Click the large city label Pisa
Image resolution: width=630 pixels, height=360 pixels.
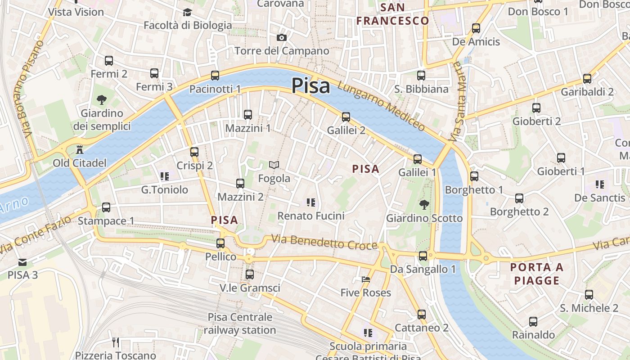click(310, 85)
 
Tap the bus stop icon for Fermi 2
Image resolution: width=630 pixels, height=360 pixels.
click(109, 61)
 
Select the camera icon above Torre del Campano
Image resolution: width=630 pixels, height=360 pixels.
click(282, 38)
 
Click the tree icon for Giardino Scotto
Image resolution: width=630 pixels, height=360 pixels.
click(424, 205)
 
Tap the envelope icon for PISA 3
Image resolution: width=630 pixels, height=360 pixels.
click(22, 262)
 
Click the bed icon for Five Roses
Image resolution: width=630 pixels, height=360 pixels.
click(365, 279)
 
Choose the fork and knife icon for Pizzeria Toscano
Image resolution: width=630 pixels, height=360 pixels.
click(116, 342)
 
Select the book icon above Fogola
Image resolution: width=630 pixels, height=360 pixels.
click(274, 165)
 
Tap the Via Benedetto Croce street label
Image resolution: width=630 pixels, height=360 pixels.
click(324, 242)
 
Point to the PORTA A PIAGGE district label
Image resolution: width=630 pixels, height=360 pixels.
click(536, 274)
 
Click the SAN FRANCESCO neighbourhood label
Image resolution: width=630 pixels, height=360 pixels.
click(392, 14)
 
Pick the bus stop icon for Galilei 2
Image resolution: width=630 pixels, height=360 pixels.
click(346, 117)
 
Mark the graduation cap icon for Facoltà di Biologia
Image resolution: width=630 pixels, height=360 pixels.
click(187, 13)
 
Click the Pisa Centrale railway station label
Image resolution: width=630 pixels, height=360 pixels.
click(240, 324)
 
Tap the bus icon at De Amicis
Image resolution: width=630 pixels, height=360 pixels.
click(476, 28)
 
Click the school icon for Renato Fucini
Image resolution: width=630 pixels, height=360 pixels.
click(310, 202)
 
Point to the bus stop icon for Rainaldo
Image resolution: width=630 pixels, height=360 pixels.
click(533, 322)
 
